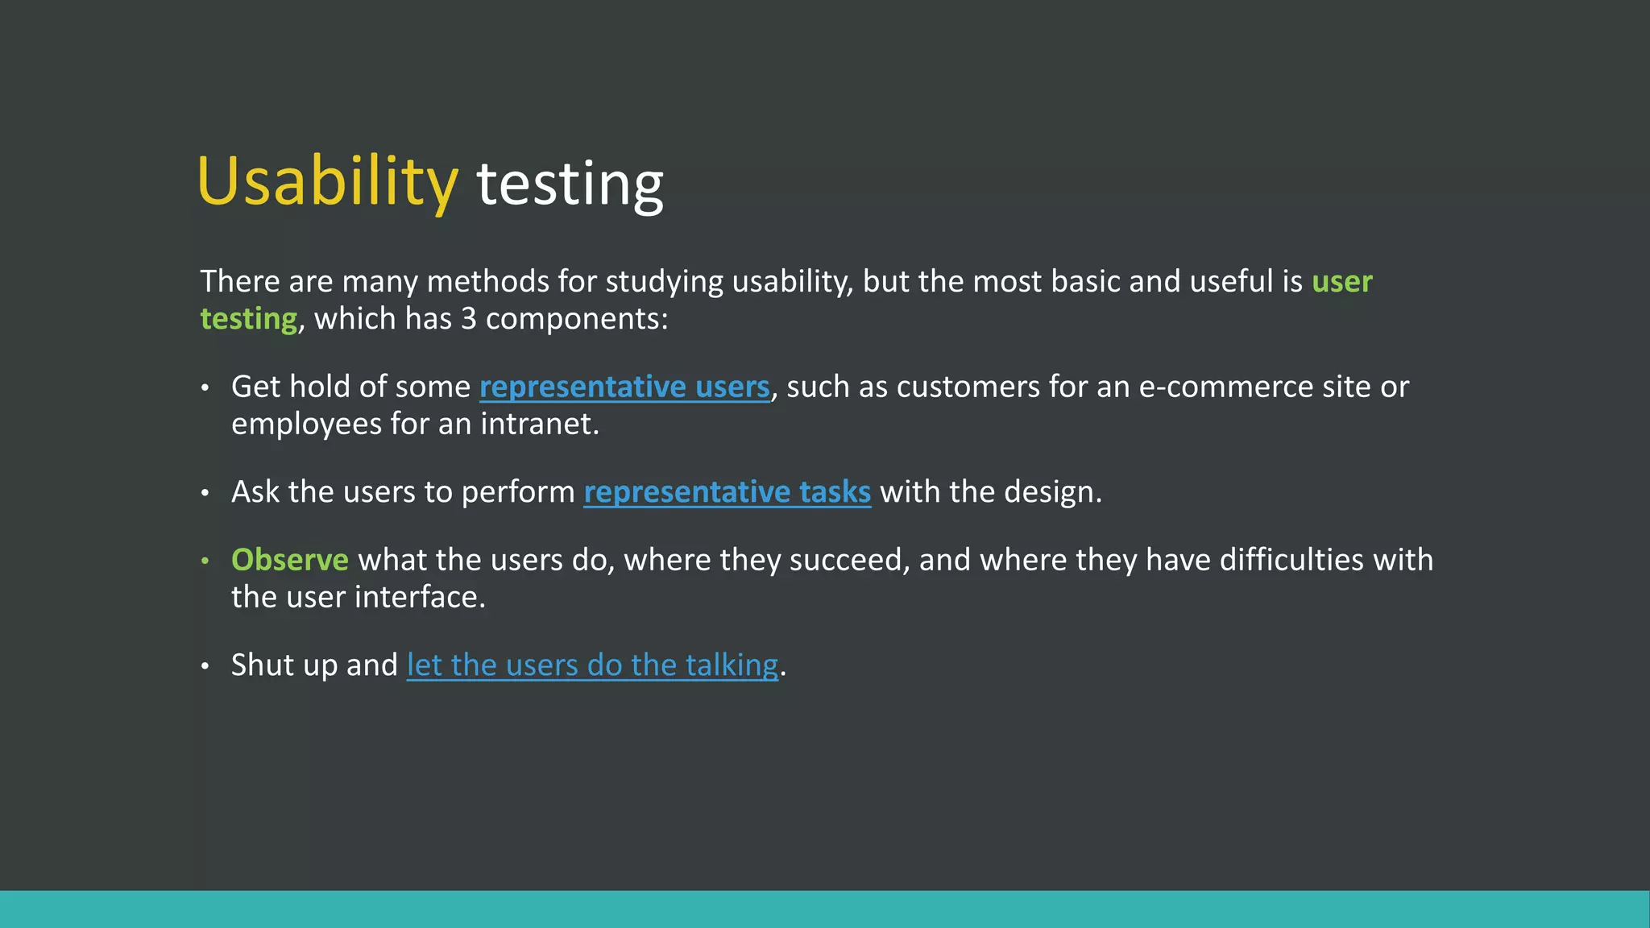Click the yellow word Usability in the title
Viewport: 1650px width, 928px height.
[x=327, y=182]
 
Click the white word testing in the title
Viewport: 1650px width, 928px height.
[x=570, y=184]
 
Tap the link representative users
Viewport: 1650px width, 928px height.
[x=624, y=387]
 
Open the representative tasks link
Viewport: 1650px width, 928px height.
[x=727, y=492]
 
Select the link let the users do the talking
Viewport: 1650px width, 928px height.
[x=592, y=665]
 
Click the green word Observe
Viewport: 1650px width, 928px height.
[x=289, y=560]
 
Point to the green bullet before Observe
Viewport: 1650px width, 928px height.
[x=205, y=560]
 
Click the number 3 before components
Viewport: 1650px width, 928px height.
[x=469, y=319]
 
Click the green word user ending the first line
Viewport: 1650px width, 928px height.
[x=1341, y=282]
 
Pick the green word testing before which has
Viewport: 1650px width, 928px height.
[x=248, y=319]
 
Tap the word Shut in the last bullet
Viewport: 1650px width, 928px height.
[x=262, y=665]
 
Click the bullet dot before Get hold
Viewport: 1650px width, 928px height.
[x=205, y=388]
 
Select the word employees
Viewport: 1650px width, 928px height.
[x=306, y=425]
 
